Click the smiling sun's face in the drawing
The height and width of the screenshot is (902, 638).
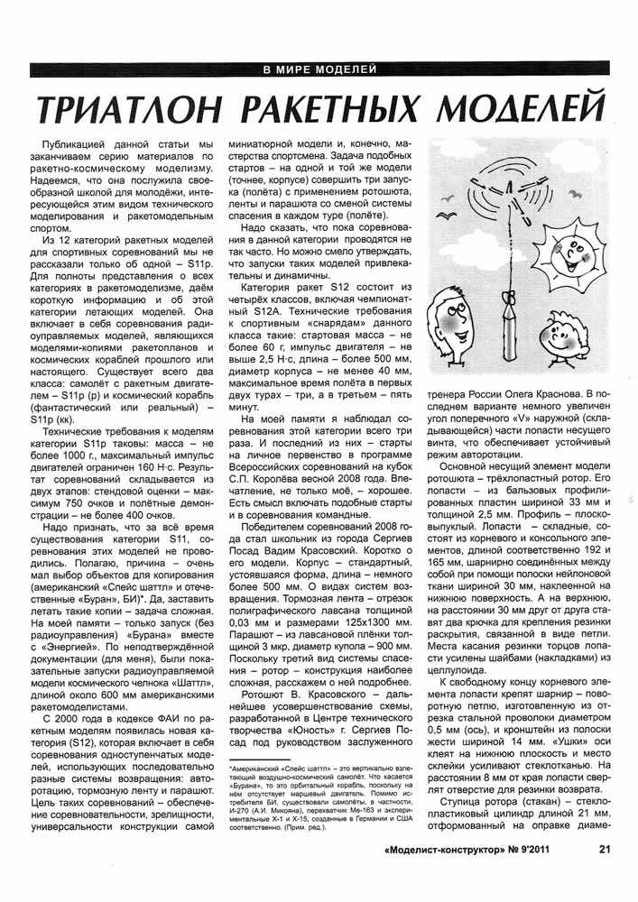click(571, 265)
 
